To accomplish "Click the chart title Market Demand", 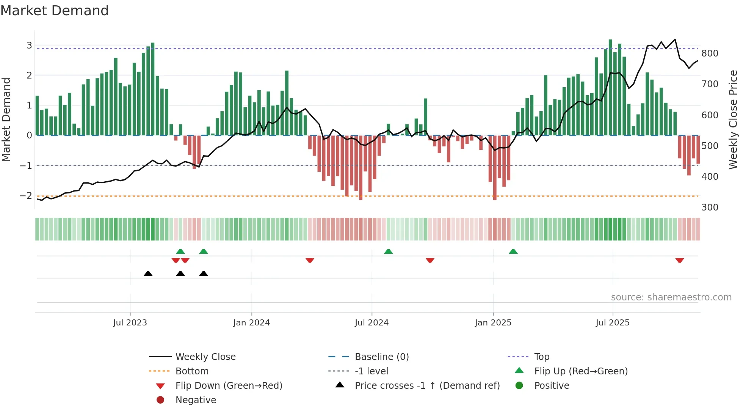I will (x=55, y=11).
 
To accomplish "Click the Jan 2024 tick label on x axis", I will (x=251, y=323).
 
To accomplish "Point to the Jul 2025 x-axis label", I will (x=612, y=323).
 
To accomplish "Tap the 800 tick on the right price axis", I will (x=710, y=53).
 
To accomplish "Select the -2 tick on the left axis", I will (x=26, y=196).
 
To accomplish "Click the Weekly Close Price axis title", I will (x=733, y=119).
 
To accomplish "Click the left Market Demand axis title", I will (x=6, y=119).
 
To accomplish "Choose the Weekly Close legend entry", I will (x=205, y=357).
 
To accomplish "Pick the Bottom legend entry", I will (x=192, y=371).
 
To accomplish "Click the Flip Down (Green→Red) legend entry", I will (x=229, y=386).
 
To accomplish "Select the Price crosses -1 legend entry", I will (x=427, y=386).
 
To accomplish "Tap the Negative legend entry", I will (x=196, y=400).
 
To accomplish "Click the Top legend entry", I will (x=541, y=357).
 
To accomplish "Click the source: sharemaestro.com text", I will (x=671, y=297).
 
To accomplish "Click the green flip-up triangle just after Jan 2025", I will (x=513, y=251).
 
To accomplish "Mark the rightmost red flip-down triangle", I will (x=679, y=260).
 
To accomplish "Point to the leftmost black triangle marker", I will (x=148, y=273).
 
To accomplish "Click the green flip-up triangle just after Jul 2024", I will (x=388, y=251).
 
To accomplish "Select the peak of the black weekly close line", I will (x=675, y=39).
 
